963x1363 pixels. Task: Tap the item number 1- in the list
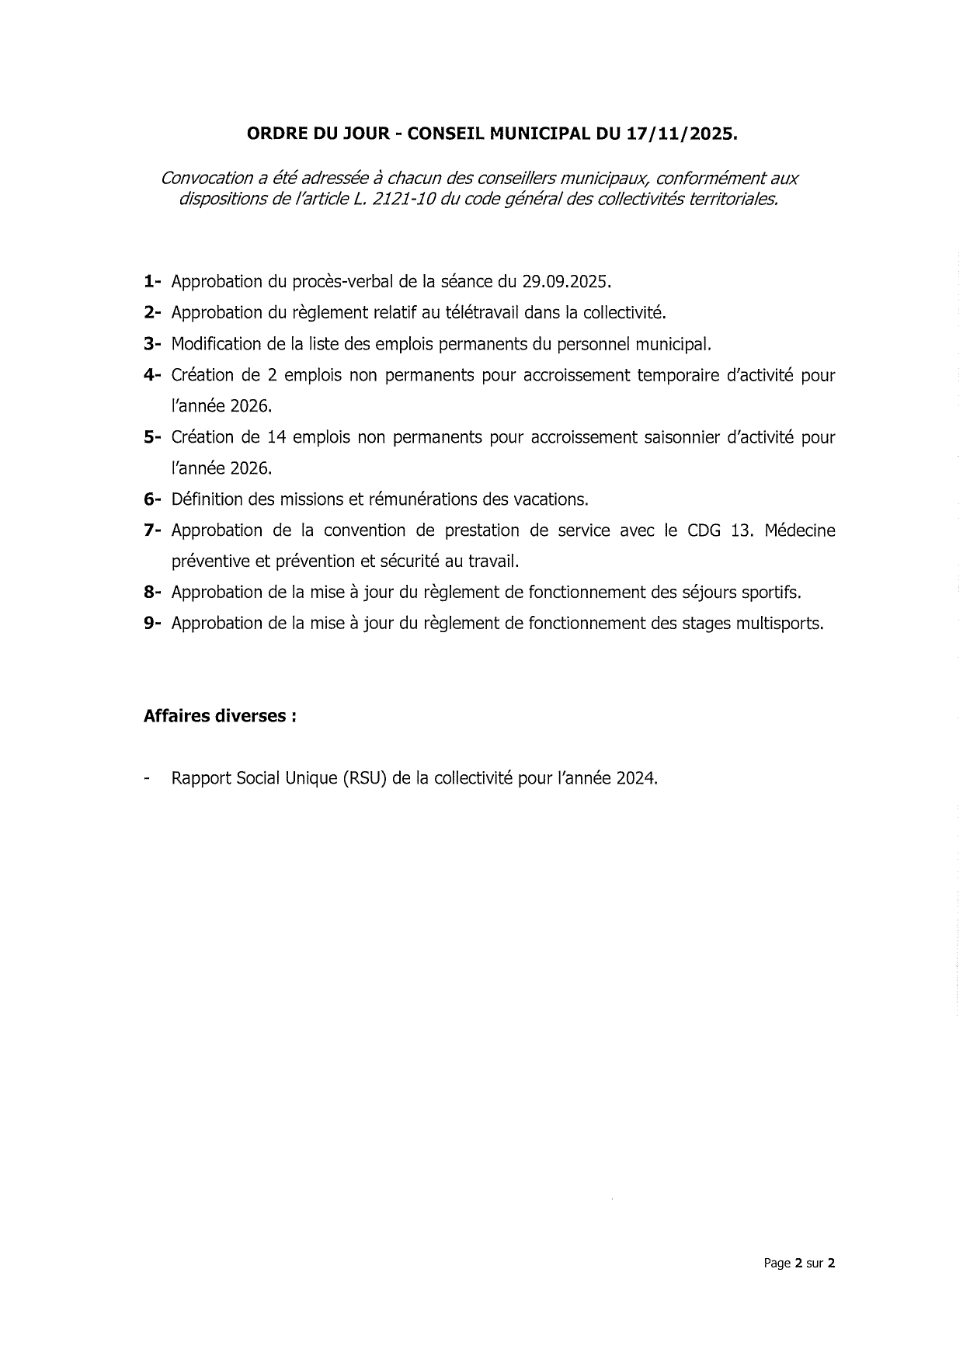pos(151,281)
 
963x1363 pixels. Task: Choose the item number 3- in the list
pos(151,343)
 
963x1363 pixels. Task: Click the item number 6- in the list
pos(151,499)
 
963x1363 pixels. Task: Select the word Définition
pos(207,499)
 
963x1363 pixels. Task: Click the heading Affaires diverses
pos(219,716)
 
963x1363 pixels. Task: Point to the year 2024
pos(637,778)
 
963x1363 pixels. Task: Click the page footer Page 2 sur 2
pos(799,1264)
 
